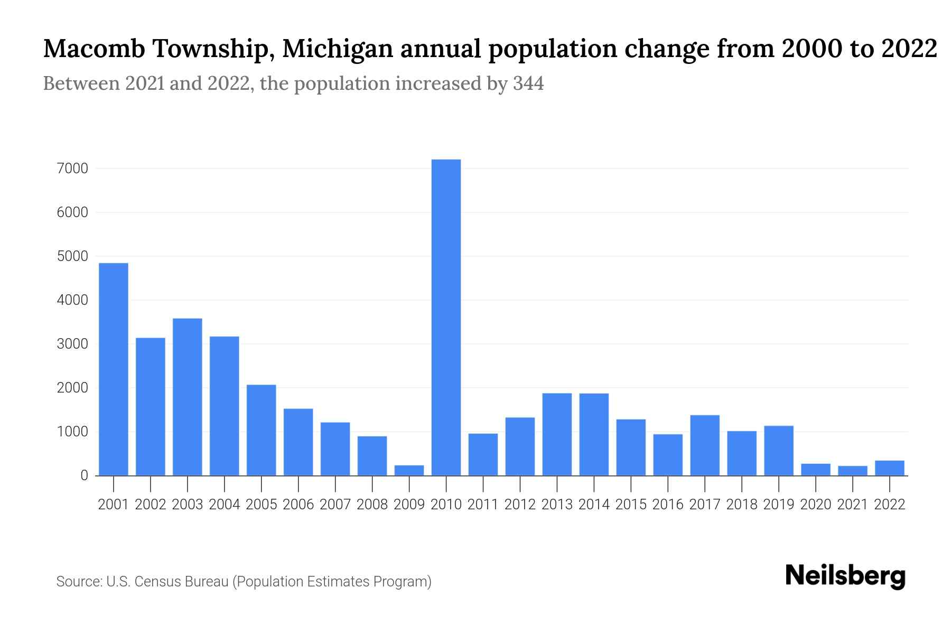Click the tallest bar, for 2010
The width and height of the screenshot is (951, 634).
(x=446, y=317)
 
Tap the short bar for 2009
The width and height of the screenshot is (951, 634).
(x=409, y=470)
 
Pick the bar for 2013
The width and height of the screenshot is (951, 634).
(x=557, y=434)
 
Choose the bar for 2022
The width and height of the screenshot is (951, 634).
(x=890, y=468)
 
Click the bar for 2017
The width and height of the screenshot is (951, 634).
(x=705, y=445)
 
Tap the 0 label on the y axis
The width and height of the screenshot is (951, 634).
(x=84, y=475)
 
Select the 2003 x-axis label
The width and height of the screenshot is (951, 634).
(x=188, y=505)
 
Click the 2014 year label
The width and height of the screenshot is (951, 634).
(x=594, y=505)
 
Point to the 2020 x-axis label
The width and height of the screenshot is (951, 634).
(x=816, y=505)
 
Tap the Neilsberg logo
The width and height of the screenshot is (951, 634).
(x=845, y=576)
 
